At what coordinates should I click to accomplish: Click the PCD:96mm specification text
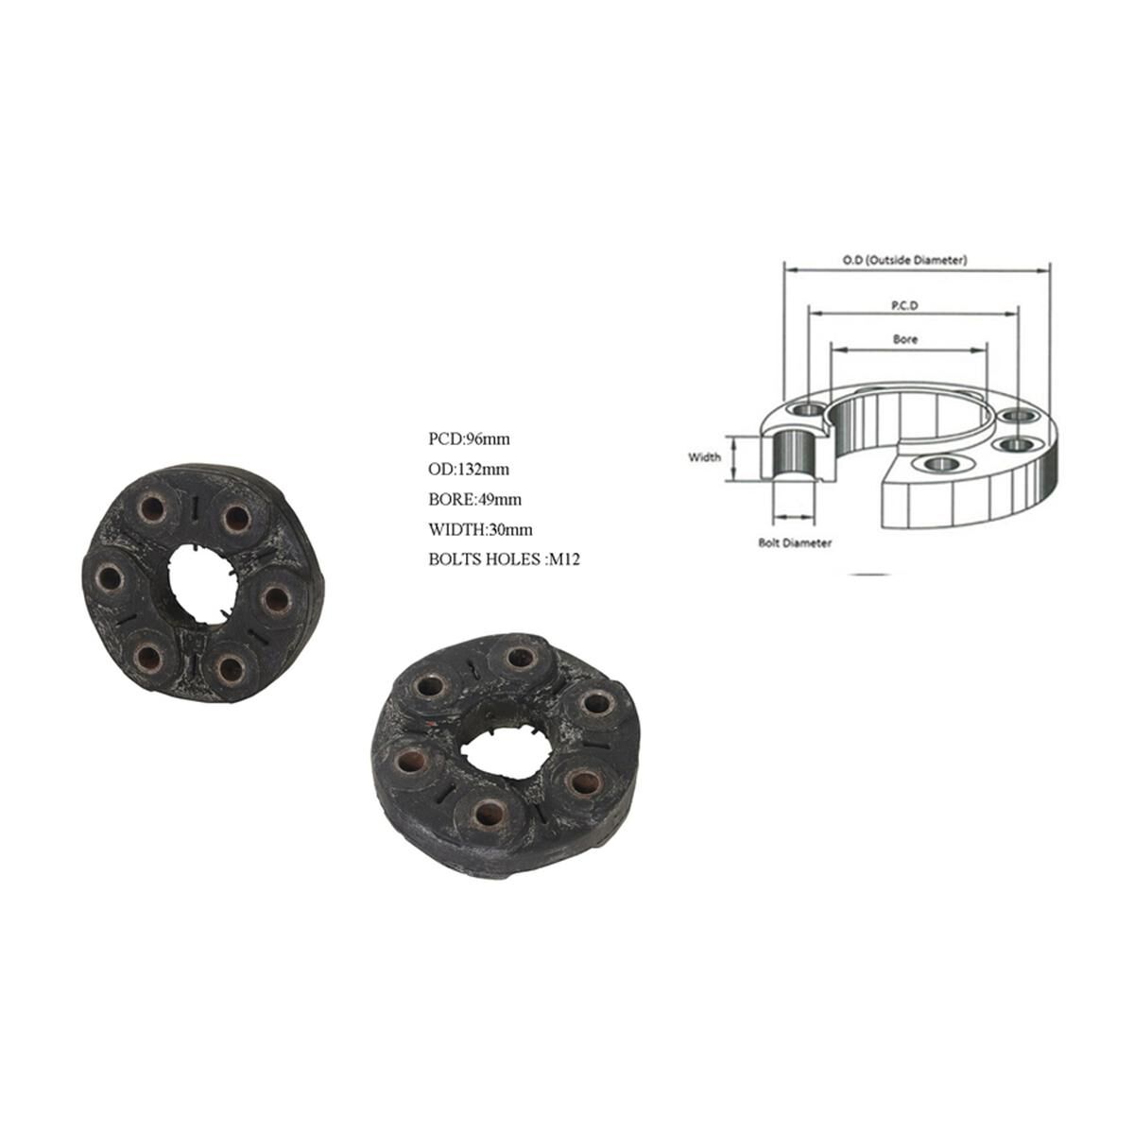[x=469, y=438]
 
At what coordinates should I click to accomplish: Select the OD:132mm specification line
[x=469, y=469]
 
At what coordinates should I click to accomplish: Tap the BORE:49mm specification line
[x=474, y=499]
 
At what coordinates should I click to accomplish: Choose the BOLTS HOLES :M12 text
[x=504, y=559]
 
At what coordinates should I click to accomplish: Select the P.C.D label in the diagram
[x=904, y=305]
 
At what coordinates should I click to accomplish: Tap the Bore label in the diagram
[x=904, y=338]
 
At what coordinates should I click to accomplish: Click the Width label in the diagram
[x=704, y=457]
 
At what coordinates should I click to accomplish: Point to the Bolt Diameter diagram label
[x=795, y=543]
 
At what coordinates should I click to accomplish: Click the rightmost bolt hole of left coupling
[x=275, y=598]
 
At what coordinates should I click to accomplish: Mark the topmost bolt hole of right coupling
[x=517, y=659]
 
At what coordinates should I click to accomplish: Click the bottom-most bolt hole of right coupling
[x=488, y=814]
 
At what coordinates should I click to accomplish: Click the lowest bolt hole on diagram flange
[x=939, y=463]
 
